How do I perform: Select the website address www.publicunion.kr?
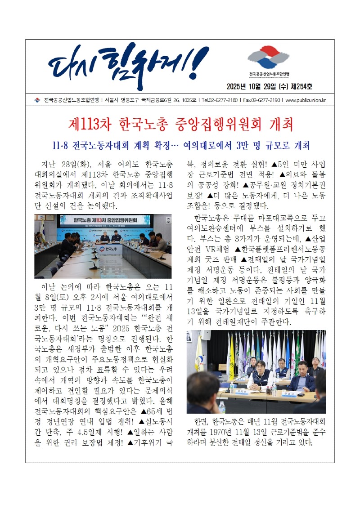306,100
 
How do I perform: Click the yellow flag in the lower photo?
232,355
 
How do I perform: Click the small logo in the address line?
37,100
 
